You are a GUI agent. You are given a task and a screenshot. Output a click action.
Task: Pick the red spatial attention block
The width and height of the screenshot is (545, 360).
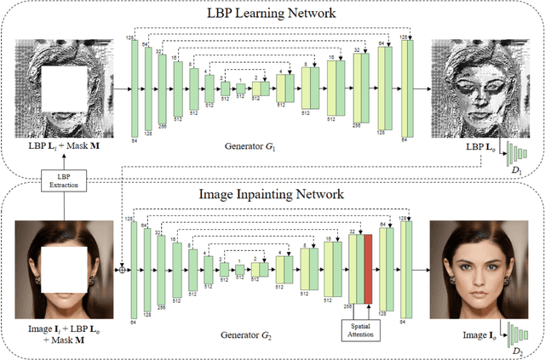369,267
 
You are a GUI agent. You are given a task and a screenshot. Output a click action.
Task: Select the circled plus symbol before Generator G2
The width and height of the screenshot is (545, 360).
123,254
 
